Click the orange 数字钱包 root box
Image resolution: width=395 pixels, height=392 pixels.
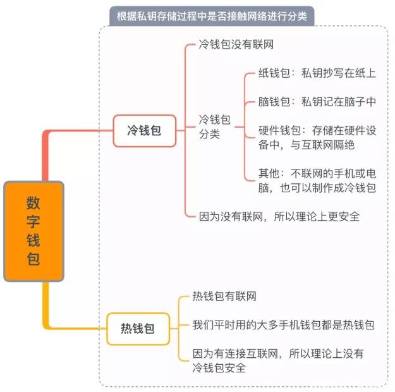click(x=34, y=231)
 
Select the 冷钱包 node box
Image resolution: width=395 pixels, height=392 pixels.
click(x=144, y=131)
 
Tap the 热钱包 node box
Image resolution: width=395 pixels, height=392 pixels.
click(x=138, y=329)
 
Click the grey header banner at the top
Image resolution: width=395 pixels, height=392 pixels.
click(x=211, y=16)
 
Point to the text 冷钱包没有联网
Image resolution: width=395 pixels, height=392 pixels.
click(x=236, y=46)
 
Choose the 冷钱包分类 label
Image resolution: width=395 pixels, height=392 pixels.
click(x=215, y=126)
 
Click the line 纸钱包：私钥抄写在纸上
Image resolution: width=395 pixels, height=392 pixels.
click(x=317, y=73)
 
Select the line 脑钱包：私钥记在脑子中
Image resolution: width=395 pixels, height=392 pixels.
click(x=317, y=101)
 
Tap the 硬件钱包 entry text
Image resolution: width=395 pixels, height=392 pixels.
click(x=317, y=138)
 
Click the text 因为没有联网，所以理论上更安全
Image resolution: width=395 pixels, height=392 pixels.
click(x=279, y=216)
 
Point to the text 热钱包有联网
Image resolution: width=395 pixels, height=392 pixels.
click(x=224, y=297)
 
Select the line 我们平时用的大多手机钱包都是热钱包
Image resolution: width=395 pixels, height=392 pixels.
click(x=284, y=325)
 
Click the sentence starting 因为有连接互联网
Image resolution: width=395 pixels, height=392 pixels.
click(x=278, y=360)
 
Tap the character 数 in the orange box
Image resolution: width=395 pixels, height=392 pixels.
click(x=33, y=204)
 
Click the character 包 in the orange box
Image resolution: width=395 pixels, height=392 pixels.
click(x=33, y=258)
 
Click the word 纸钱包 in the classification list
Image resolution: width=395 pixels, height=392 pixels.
click(x=274, y=73)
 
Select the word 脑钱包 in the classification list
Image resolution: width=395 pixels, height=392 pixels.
click(x=274, y=101)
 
